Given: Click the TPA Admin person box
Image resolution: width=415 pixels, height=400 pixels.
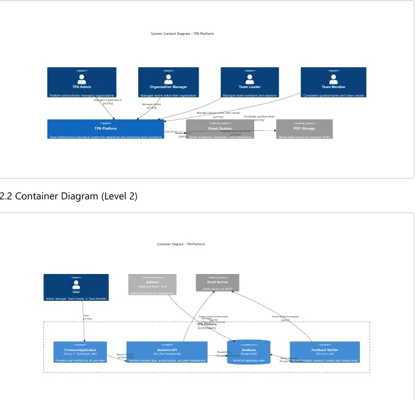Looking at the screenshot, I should (81, 83).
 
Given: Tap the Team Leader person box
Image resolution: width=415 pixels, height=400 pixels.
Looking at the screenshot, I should (249, 83).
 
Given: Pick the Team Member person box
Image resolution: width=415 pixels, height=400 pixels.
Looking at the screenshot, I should (333, 83).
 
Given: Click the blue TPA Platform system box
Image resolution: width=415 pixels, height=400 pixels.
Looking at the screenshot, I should (105, 129).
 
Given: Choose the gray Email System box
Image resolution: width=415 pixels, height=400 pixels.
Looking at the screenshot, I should (220, 129).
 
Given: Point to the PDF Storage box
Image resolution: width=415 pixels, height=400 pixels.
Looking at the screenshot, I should (304, 129).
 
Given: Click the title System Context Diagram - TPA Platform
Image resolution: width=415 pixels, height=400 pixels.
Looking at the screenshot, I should (182, 34).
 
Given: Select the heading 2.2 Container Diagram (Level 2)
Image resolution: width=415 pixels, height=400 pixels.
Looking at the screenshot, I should (69, 196).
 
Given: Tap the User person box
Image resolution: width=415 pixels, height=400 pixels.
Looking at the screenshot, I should (76, 287).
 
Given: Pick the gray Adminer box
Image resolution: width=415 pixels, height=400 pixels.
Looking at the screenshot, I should (152, 285).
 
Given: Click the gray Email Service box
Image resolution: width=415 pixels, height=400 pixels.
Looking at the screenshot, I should (218, 283).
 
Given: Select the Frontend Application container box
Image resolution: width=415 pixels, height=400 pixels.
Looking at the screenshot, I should (80, 352).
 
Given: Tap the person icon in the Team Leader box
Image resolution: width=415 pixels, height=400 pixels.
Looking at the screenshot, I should (249, 78).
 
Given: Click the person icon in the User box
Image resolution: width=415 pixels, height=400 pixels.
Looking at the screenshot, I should (76, 284).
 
